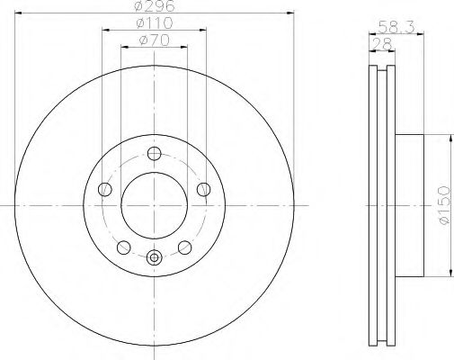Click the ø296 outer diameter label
[154, 6]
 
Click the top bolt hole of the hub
[154, 152]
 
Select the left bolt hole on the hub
[104, 189]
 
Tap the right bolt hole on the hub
[203, 189]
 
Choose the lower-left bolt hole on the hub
[123, 247]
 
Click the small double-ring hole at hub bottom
[154, 258]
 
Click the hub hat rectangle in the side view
[409, 205]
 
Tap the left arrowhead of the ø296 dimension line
[18, 13]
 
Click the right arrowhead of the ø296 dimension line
[291, 13]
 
